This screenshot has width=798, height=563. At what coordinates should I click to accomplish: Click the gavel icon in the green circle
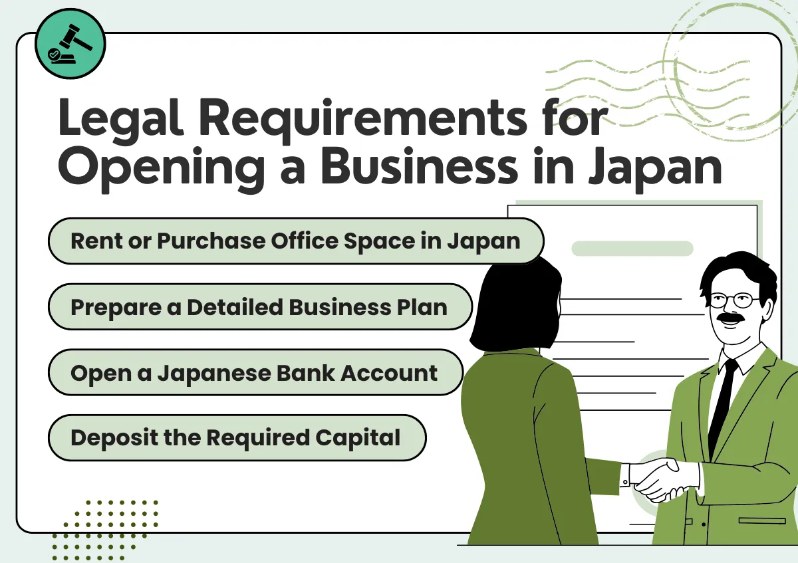[69, 45]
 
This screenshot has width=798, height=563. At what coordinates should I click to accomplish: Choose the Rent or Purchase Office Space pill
[295, 241]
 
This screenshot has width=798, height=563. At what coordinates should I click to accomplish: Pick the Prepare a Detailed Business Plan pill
[259, 306]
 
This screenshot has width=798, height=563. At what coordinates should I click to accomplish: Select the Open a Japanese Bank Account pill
[255, 372]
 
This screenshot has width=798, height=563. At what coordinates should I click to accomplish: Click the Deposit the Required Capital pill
[236, 437]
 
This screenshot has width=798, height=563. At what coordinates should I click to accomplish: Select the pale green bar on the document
[632, 249]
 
